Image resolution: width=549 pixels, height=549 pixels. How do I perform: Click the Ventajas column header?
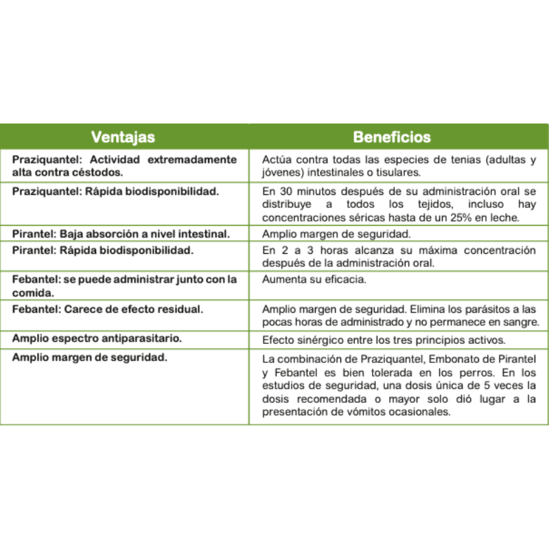(124, 137)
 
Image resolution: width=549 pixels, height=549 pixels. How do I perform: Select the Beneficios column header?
(392, 137)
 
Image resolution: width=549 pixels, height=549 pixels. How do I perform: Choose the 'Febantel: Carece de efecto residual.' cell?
(108, 309)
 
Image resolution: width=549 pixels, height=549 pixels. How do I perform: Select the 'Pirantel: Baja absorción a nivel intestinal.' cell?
(121, 233)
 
